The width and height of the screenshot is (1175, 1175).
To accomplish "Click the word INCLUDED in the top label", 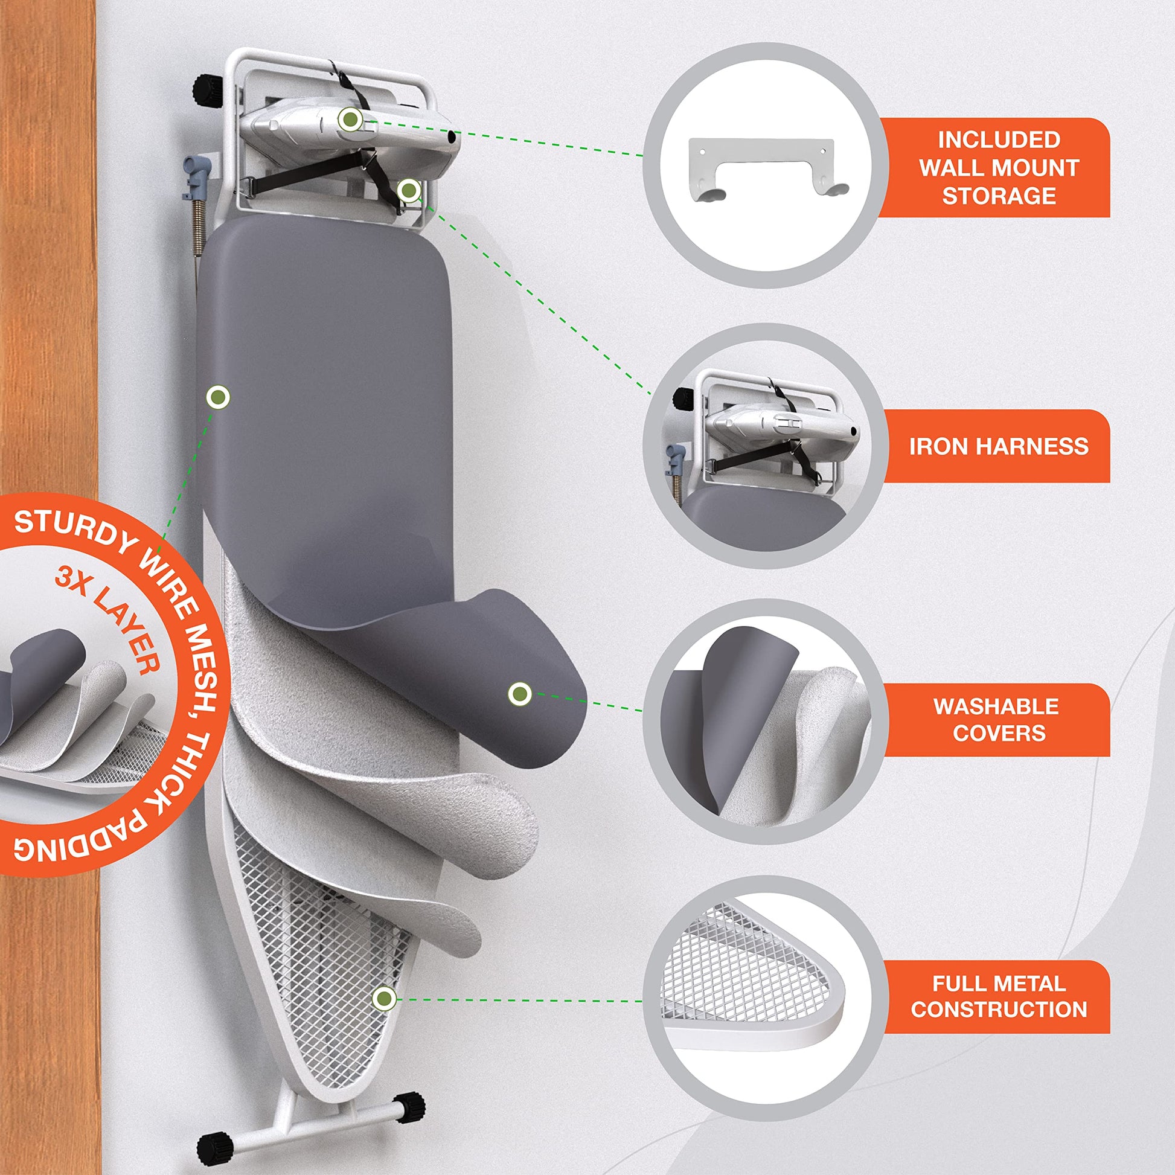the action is pyautogui.click(x=999, y=140).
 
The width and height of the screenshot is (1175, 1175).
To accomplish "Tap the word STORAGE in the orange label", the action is pyautogui.click(x=999, y=196).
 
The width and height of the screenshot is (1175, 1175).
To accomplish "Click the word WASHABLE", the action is pyautogui.click(x=996, y=706).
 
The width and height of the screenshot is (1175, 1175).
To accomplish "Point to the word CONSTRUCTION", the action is pyautogui.click(x=999, y=1009).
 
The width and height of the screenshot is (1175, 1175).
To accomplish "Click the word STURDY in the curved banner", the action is pyautogui.click(x=73, y=531).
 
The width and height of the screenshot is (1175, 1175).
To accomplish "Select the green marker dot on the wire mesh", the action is pyautogui.click(x=384, y=997).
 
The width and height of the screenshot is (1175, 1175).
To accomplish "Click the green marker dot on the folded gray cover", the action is pyautogui.click(x=519, y=693).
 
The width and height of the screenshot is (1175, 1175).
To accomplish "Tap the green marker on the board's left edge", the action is pyautogui.click(x=218, y=399).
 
